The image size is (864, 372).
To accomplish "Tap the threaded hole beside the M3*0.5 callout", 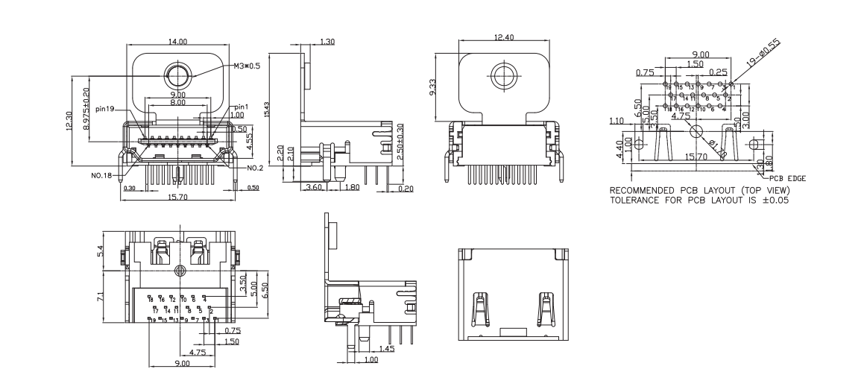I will click(x=177, y=76).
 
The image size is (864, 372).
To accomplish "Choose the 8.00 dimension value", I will click(x=178, y=102).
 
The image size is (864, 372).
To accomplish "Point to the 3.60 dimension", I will click(x=314, y=188).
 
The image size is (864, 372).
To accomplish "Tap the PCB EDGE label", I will click(x=789, y=179).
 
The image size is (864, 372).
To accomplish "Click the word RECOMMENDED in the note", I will click(x=646, y=191).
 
